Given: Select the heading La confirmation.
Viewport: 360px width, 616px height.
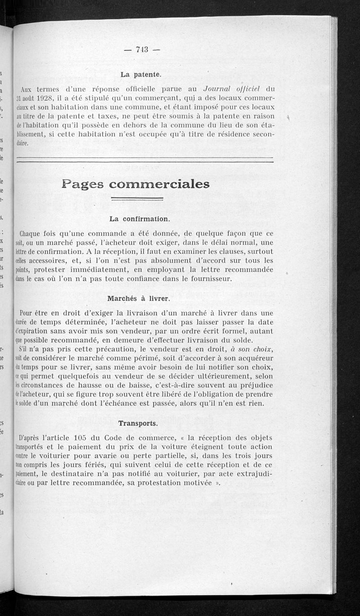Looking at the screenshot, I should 139,219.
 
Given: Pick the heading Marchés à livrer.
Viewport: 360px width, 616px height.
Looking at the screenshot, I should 138,298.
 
